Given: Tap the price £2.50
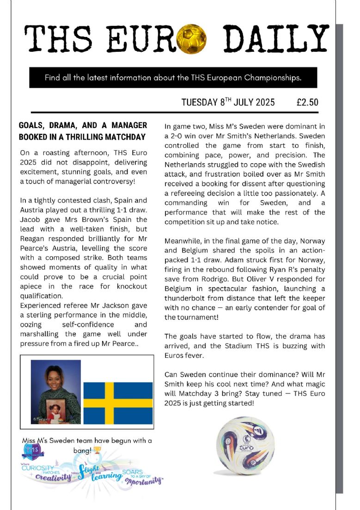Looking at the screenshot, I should tap(307, 102).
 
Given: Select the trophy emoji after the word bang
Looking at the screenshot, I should tap(97, 450).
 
